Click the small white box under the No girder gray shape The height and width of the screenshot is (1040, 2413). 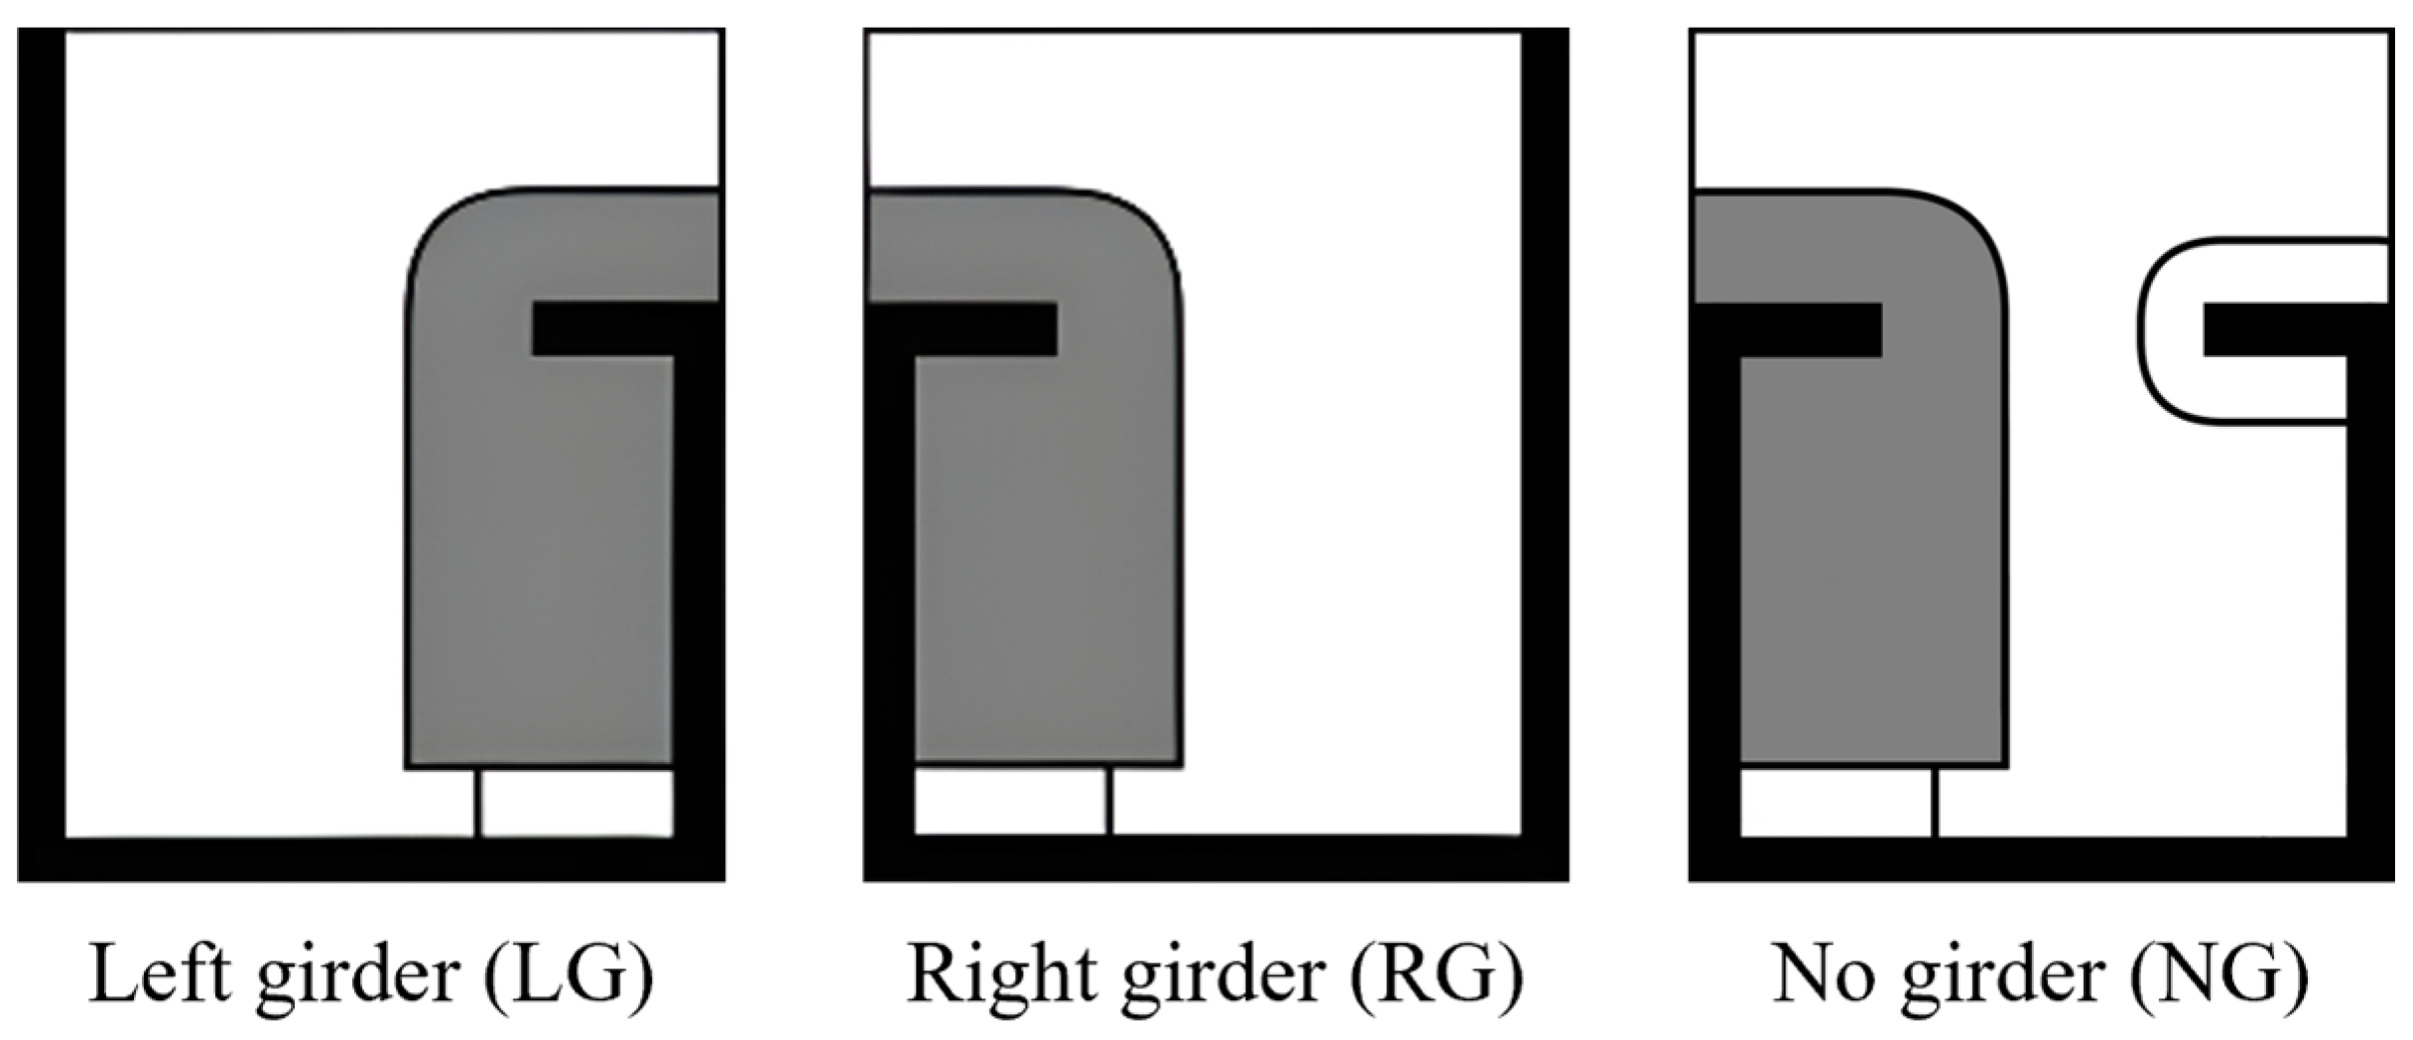(x=1836, y=802)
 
